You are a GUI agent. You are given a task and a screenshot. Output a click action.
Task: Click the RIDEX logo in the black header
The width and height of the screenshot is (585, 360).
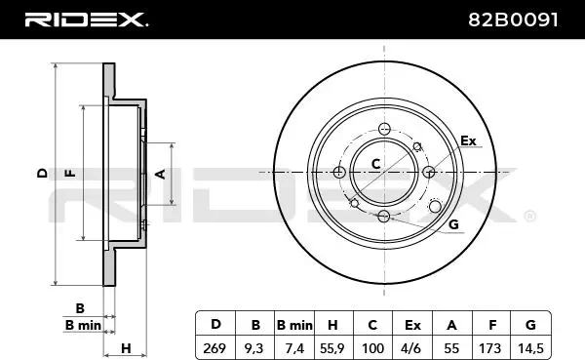click(86, 20)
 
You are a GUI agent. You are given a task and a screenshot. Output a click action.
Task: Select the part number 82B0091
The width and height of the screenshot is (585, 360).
click(513, 20)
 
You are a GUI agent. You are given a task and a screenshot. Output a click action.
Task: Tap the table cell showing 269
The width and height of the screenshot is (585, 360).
click(214, 348)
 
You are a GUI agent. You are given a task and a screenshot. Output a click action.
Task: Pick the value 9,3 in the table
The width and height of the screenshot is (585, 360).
click(253, 348)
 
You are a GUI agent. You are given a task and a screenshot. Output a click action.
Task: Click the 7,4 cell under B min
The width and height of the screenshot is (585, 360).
click(294, 348)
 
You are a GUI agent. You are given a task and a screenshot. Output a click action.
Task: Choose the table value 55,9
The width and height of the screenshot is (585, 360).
click(333, 348)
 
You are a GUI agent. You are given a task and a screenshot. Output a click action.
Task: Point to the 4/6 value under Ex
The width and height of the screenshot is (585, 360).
click(411, 348)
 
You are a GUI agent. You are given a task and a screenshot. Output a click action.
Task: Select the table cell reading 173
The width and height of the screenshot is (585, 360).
click(490, 348)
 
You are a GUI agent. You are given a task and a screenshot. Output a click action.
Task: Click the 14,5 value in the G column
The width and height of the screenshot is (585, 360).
click(530, 348)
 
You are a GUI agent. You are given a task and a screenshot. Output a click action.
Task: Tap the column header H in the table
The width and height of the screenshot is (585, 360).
click(332, 325)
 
